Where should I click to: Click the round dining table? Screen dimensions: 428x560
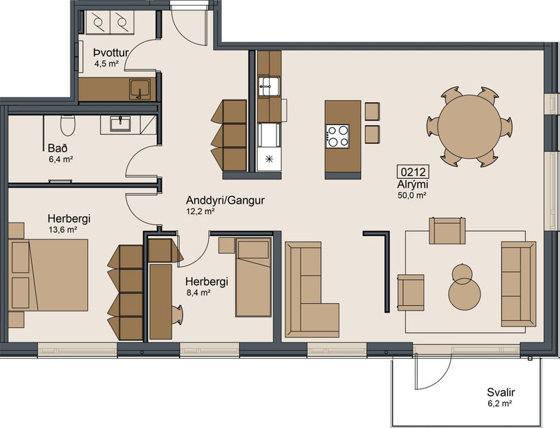point(469,126)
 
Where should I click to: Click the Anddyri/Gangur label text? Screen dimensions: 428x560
point(225,201)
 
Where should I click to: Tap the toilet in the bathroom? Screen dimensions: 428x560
point(68,125)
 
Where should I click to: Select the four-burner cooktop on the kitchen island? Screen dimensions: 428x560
point(337,135)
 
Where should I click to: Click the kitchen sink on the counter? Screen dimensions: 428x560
point(268,86)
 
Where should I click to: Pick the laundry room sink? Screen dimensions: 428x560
point(140,90)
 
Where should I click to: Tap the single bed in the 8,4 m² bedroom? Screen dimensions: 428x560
point(253,276)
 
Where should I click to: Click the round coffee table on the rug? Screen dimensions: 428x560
point(464,290)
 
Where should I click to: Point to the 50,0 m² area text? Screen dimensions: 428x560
point(411,195)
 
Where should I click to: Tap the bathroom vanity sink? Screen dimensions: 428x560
point(121,124)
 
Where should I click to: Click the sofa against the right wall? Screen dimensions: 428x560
point(518,283)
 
